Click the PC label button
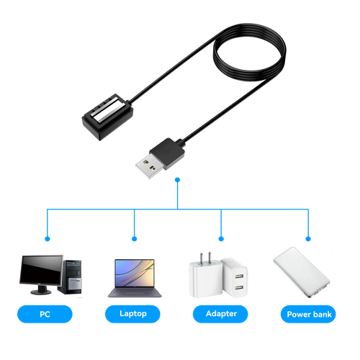pos(45,314)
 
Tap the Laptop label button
pos(132,314)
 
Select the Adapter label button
pos(220,314)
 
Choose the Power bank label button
pos(308,314)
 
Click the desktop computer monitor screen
pos(41,270)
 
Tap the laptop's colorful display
pos(135,273)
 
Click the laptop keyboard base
pos(135,292)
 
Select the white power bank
pos(302,272)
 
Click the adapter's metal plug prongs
pos(206,258)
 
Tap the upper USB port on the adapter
pos(239,276)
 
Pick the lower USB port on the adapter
pos(239,287)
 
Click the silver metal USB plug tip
pos(150,166)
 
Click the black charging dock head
pos(108,117)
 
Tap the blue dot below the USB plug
pos(177,180)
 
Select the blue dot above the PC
pos(48,239)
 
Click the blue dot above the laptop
pos(135,239)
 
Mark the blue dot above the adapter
pos(221,239)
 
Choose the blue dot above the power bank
pos(308,239)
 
